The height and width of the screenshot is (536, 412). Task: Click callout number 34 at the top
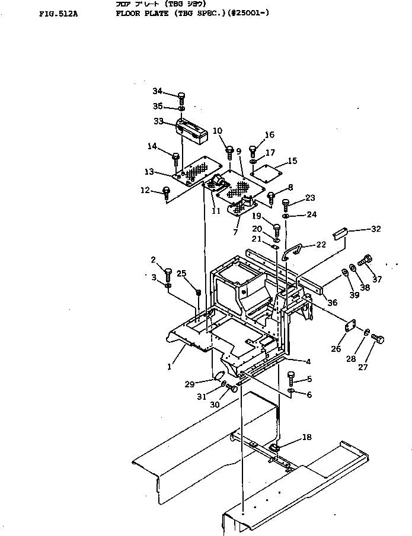pyautogui.click(x=157, y=91)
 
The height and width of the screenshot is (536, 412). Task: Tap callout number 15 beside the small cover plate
pyautogui.click(x=292, y=161)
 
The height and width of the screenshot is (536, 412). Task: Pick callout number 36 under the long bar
pyautogui.click(x=332, y=302)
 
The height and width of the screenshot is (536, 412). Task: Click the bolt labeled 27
pyautogui.click(x=380, y=339)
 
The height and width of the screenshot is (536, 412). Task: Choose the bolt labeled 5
pyautogui.click(x=291, y=377)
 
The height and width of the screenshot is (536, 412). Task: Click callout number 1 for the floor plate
pyautogui.click(x=169, y=367)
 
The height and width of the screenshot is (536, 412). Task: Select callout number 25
pyautogui.click(x=182, y=273)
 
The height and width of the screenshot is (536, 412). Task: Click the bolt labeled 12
pyautogui.click(x=167, y=191)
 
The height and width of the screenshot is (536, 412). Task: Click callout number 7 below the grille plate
pyautogui.click(x=235, y=232)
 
